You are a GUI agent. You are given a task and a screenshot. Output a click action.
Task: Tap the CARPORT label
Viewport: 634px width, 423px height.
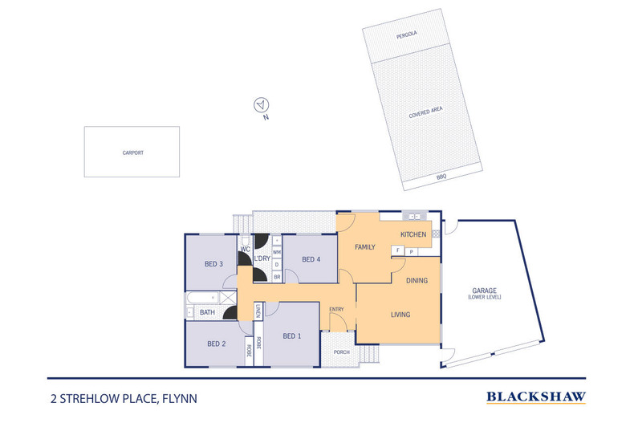point(132,152)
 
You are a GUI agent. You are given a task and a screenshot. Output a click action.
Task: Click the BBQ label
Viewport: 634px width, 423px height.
point(441,176)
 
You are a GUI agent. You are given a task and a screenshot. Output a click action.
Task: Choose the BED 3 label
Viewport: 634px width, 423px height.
point(213,264)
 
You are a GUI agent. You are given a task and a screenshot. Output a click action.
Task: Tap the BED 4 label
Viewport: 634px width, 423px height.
point(311,258)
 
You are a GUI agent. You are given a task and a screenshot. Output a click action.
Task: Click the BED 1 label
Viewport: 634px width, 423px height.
point(292,336)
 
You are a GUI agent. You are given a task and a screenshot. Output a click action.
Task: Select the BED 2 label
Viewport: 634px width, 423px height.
point(216,344)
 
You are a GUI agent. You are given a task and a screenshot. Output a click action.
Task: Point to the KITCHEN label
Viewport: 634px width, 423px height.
point(413,234)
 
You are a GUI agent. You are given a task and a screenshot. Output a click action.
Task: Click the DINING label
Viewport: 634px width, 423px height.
point(417,280)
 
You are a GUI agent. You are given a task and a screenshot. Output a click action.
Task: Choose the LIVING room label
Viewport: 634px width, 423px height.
point(400,315)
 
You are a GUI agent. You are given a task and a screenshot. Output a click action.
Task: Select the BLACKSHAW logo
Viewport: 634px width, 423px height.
point(536,396)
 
